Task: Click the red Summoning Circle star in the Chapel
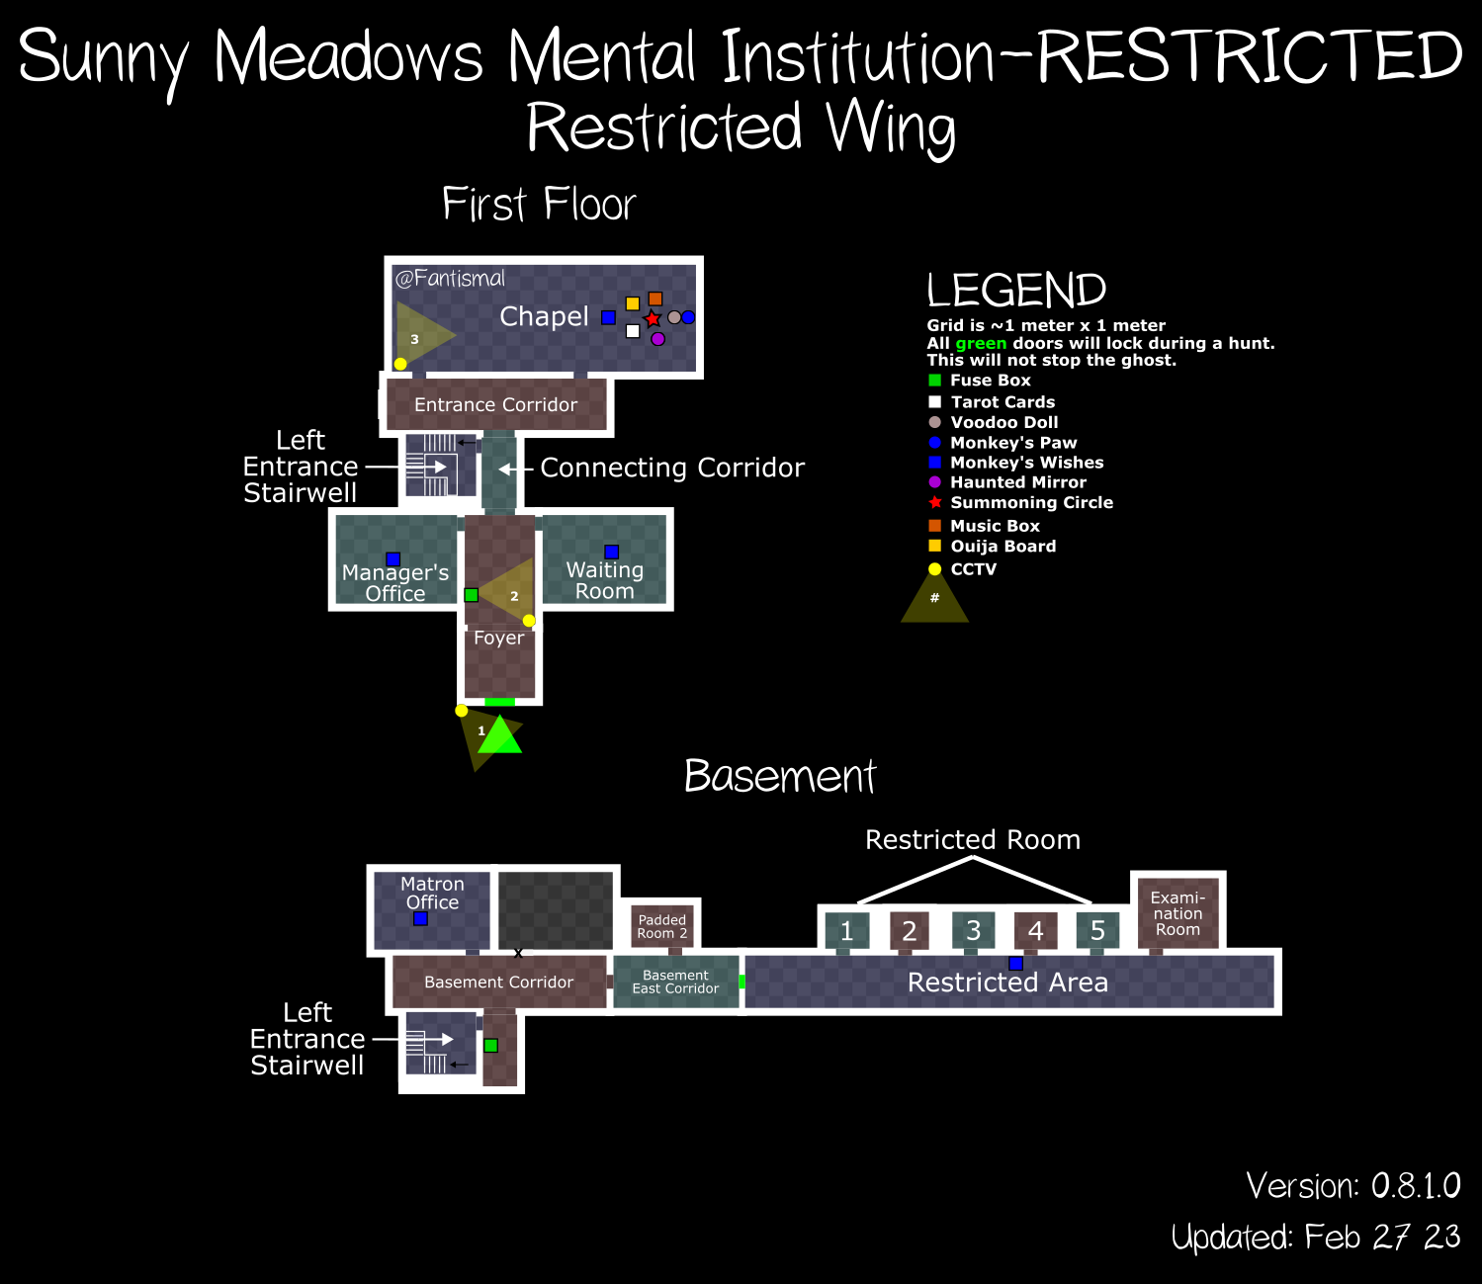click(x=652, y=319)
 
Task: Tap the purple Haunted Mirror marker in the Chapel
click(x=657, y=339)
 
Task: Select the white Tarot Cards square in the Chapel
click(x=633, y=331)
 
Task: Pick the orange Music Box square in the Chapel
click(x=655, y=299)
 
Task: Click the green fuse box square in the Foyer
click(x=471, y=595)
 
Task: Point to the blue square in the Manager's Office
click(x=392, y=558)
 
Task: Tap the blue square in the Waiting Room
click(x=612, y=552)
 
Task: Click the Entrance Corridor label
click(x=495, y=405)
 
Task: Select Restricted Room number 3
click(x=973, y=930)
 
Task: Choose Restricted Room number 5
click(x=1097, y=930)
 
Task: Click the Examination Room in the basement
click(x=1178, y=913)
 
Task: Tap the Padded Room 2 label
click(x=661, y=926)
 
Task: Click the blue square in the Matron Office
click(x=421, y=919)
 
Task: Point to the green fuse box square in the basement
click(x=491, y=1045)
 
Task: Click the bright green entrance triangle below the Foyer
click(x=499, y=735)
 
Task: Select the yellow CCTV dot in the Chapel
click(x=400, y=364)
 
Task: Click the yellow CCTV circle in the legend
click(x=935, y=569)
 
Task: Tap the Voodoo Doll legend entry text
click(x=1003, y=422)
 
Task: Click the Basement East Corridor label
click(x=675, y=982)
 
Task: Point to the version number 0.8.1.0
click(x=1416, y=1186)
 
